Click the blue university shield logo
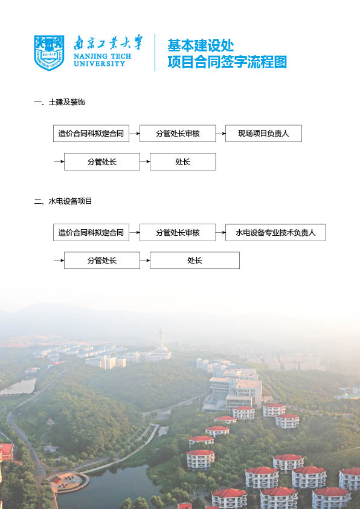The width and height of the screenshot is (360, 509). (49, 53)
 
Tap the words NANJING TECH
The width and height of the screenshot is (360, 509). (102, 56)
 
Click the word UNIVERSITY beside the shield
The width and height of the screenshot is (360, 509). (99, 63)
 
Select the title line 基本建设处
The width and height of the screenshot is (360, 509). (201, 45)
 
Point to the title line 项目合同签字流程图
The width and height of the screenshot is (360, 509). (227, 62)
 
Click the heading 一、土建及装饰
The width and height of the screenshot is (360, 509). (59, 102)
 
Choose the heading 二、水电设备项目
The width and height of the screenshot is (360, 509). (63, 201)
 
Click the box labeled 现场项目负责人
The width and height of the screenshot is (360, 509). (263, 134)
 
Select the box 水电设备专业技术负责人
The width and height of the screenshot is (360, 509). (275, 232)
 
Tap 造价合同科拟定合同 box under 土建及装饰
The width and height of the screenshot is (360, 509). (91, 134)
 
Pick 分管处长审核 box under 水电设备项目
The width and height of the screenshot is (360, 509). (178, 232)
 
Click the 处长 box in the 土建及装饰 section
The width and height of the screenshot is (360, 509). (182, 161)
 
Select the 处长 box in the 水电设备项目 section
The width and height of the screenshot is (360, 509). (194, 261)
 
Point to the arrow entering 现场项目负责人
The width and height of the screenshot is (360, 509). (220, 134)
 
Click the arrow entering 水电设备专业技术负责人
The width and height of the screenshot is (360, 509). (220, 232)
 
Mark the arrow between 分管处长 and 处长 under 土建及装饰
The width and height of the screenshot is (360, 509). (145, 161)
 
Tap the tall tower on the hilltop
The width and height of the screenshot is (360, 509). (161, 339)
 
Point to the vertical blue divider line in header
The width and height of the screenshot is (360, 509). (155, 53)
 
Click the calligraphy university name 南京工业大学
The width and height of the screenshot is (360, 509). (108, 42)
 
